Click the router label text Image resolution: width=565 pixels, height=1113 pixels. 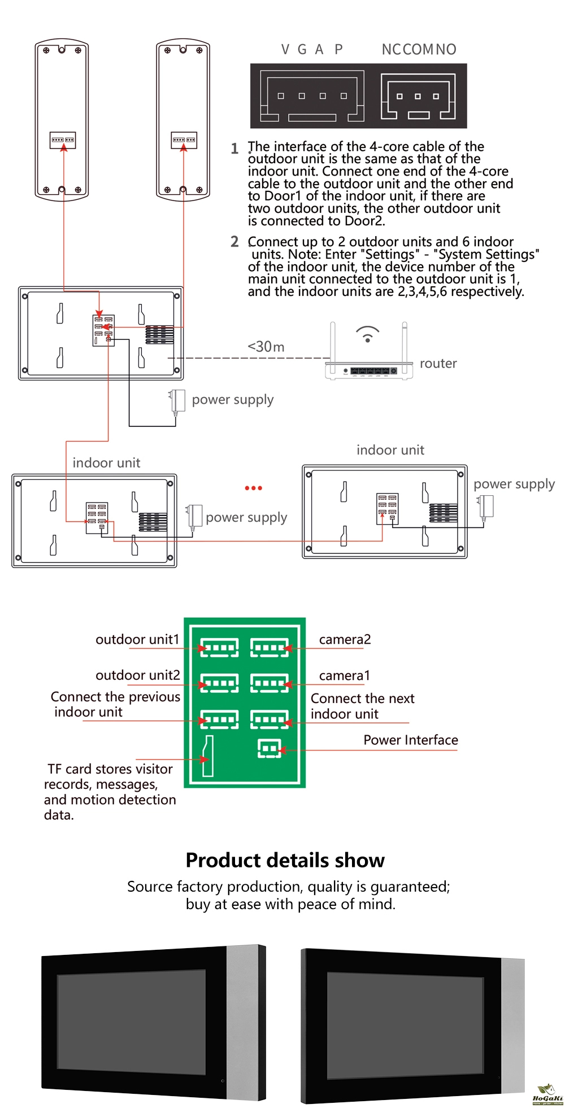[x=438, y=363]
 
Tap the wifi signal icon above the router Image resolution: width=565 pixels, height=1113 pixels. [x=367, y=334]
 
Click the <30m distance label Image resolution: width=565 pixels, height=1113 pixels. [x=266, y=346]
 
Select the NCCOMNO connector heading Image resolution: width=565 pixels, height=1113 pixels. [x=419, y=50]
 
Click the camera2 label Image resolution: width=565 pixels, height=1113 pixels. [x=345, y=639]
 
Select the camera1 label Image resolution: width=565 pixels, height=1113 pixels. [x=344, y=675]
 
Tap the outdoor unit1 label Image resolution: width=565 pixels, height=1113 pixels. [x=137, y=639]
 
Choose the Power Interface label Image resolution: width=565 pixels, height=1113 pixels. [x=410, y=740]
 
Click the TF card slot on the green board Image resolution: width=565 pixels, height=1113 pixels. [x=208, y=756]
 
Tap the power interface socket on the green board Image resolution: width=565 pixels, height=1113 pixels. [x=269, y=749]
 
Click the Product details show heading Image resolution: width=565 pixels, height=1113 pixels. [x=285, y=860]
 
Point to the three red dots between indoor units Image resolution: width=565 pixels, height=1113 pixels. [x=253, y=488]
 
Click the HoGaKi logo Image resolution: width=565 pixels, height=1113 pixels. [x=547, y=1094]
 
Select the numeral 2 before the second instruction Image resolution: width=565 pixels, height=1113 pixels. [x=234, y=242]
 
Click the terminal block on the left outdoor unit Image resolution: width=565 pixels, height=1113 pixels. [x=63, y=139]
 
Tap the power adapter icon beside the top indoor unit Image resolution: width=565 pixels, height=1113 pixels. [x=177, y=401]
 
